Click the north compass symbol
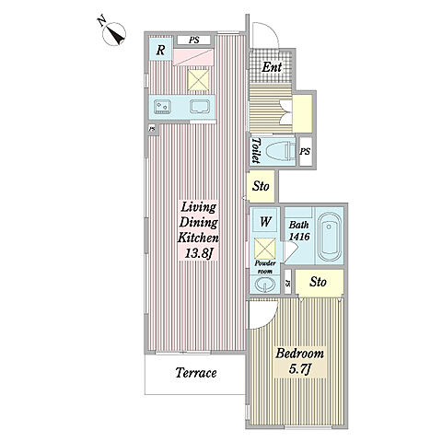[113, 34]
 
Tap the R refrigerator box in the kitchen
[160, 49]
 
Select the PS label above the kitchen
[193, 40]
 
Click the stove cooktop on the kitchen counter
[162, 107]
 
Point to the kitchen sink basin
[200, 107]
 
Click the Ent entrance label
[272, 67]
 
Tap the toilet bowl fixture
[279, 151]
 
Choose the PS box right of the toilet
[306, 152]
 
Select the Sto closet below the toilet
[261, 186]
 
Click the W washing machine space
[265, 221]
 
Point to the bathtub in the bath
[329, 237]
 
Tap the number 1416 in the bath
[299, 237]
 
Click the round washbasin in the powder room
[264, 285]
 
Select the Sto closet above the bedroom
[319, 283]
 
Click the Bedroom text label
[299, 354]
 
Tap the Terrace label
[196, 373]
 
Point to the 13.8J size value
[199, 253]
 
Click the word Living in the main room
[199, 207]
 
